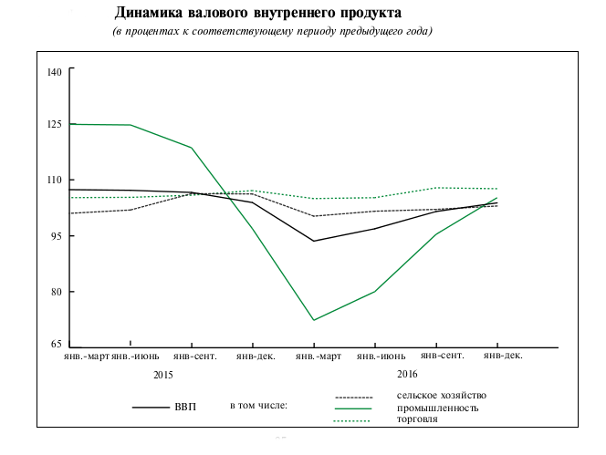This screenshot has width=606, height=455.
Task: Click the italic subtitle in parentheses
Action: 272,32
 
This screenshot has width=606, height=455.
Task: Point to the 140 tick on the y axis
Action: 54,71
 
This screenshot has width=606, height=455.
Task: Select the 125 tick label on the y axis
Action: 54,124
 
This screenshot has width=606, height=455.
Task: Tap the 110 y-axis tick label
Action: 54,181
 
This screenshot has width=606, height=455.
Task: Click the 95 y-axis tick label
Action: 57,236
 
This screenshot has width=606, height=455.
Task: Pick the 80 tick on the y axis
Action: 57,292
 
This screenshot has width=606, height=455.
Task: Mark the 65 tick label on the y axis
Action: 57,345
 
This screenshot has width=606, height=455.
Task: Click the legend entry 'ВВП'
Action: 184,406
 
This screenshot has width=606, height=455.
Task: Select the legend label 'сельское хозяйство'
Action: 442,395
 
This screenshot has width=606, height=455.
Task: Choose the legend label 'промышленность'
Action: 437,408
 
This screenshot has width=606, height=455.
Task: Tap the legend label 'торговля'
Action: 417,419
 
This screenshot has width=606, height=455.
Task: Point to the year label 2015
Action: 163,375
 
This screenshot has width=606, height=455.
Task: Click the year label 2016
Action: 407,374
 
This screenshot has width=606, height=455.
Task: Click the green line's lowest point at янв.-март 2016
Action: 314,320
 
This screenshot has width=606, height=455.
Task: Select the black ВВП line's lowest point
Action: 314,241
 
